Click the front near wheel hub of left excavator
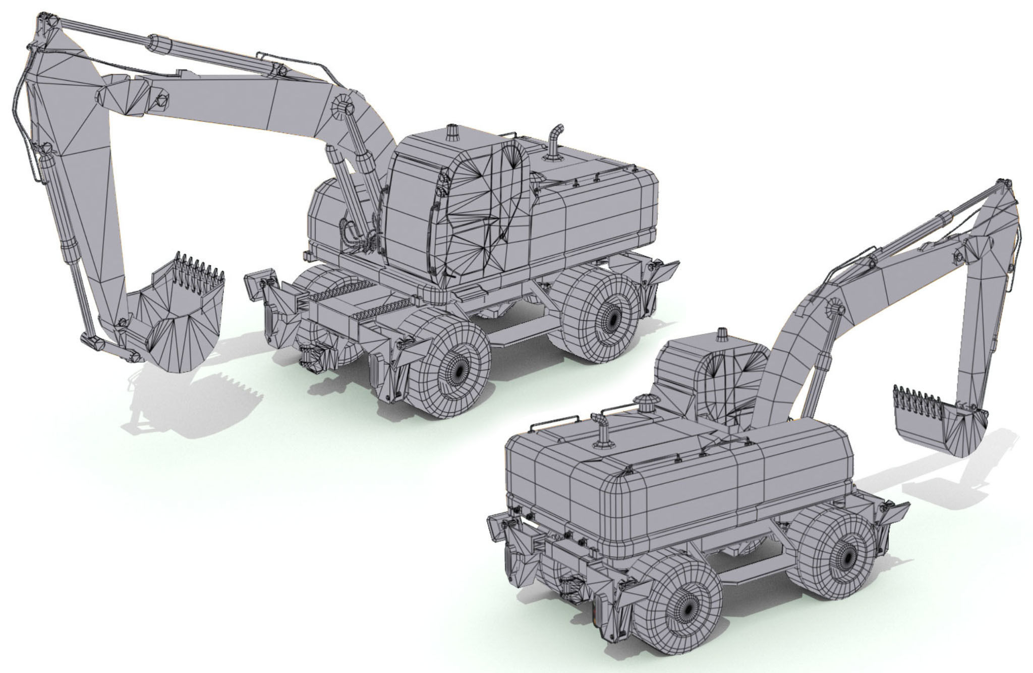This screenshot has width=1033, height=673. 457,371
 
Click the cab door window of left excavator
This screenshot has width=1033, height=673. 484,212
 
